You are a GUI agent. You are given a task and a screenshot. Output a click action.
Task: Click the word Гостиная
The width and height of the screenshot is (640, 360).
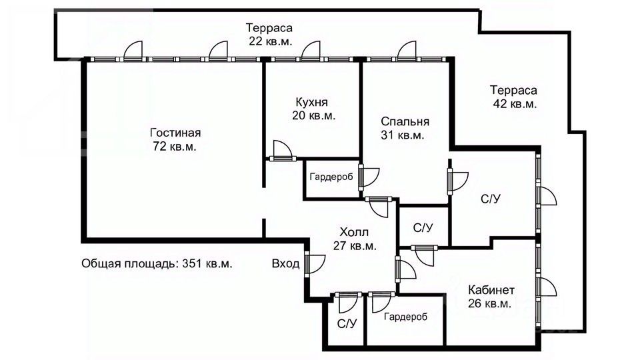tap(175, 133)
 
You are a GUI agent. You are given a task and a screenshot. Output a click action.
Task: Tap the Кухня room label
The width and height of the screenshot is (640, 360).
tap(313, 102)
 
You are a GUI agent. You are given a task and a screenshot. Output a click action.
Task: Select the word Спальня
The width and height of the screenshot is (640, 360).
tap(405, 122)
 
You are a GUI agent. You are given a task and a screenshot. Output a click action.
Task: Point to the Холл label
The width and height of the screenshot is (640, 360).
tap(354, 232)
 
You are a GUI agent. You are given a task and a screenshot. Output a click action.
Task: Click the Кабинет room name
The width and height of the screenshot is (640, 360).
tap(490, 290)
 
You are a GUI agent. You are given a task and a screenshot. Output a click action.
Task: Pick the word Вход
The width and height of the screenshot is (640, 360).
tap(285, 264)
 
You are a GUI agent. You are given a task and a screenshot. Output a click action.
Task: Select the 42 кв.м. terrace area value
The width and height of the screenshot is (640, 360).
tap(513, 104)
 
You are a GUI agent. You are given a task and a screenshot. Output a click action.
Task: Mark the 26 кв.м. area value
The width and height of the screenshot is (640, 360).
tap(490, 304)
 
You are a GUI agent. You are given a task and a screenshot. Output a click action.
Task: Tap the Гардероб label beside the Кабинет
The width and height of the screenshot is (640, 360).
tap(405, 317)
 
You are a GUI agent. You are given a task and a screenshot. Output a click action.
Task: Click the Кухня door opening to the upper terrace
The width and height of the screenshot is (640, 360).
tap(309, 52)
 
